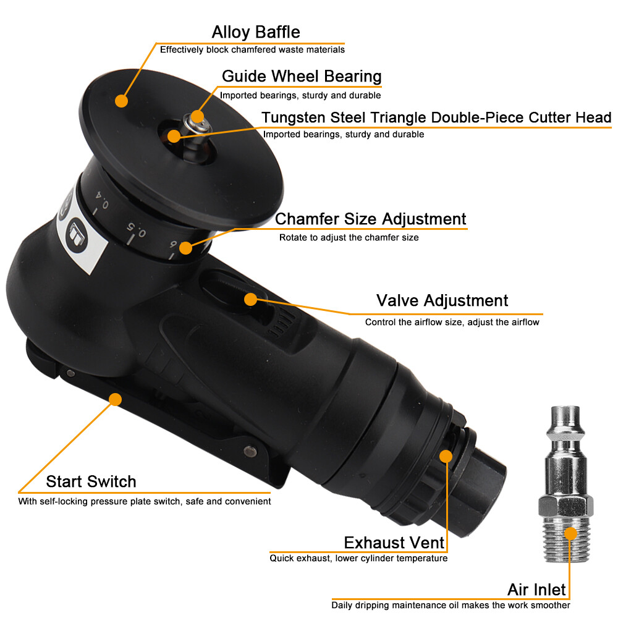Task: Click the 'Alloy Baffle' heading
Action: (x=256, y=32)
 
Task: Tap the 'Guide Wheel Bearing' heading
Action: (x=302, y=76)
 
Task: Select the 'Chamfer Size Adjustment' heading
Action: (x=370, y=219)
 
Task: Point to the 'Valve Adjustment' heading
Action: (x=442, y=301)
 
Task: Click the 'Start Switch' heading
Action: (x=91, y=481)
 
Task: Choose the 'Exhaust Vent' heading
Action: (x=394, y=543)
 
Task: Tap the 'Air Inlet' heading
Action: (x=536, y=589)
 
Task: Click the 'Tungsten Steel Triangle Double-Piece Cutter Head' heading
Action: (x=436, y=117)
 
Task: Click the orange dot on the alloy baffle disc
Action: (x=121, y=100)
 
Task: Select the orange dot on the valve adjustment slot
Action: (x=250, y=300)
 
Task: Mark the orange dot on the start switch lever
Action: (x=115, y=399)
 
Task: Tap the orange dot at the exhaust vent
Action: (x=445, y=456)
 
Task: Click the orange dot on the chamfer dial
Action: (x=185, y=248)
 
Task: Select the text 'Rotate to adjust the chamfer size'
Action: (x=349, y=237)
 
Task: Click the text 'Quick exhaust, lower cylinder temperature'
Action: (x=358, y=559)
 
